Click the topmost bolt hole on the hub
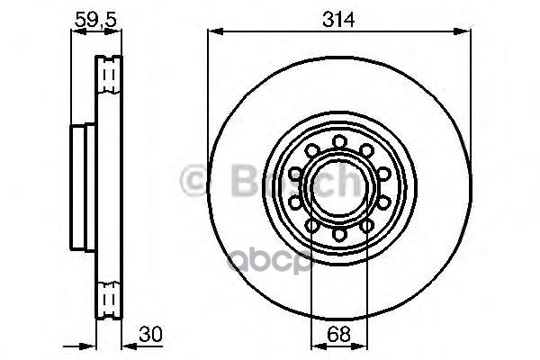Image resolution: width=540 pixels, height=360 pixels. tap(340, 141)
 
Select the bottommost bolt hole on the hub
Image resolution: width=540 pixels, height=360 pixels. tap(340, 233)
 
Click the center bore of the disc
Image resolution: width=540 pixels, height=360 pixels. tap(340, 187)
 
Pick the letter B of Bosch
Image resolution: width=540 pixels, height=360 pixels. tap(232, 182)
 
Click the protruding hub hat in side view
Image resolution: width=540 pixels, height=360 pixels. tap(78, 186)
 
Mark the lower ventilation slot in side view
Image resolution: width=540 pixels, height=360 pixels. tap(109, 301)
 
